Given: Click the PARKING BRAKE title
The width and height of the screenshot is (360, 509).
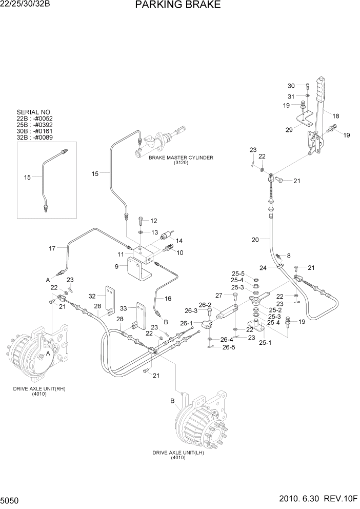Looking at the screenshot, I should (x=178, y=6).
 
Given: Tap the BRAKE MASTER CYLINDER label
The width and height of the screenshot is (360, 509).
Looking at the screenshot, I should (x=181, y=158).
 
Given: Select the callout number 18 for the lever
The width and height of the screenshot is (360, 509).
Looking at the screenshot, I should (x=336, y=116).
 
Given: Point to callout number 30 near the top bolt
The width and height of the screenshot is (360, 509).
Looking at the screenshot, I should (x=291, y=86).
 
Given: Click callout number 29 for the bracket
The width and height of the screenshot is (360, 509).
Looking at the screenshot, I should (x=289, y=130).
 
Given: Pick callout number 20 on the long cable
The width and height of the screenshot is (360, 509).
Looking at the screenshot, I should (x=255, y=239).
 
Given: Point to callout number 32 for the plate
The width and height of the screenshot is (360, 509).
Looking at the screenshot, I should (x=92, y=296).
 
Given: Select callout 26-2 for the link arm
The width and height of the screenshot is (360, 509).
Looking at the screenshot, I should (x=205, y=305).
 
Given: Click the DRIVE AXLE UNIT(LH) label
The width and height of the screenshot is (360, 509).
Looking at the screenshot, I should (x=178, y=453).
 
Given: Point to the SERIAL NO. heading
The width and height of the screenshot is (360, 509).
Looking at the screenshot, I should (x=34, y=112).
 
